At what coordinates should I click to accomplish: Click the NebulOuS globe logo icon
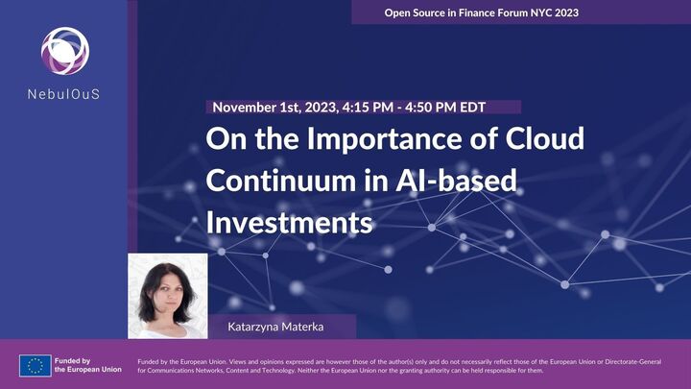[x=63, y=50]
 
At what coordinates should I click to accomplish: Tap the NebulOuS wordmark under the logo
[x=64, y=94]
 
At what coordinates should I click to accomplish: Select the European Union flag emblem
[x=36, y=366]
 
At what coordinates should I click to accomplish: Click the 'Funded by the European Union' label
[x=87, y=365]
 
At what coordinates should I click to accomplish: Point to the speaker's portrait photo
[x=167, y=296]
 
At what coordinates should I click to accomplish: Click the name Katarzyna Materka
[x=271, y=327]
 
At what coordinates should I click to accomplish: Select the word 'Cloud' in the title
[x=544, y=139]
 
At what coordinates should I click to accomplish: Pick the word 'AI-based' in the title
[x=461, y=181]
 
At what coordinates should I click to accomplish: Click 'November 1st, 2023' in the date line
[x=271, y=108]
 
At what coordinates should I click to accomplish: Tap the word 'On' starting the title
[x=223, y=139]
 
